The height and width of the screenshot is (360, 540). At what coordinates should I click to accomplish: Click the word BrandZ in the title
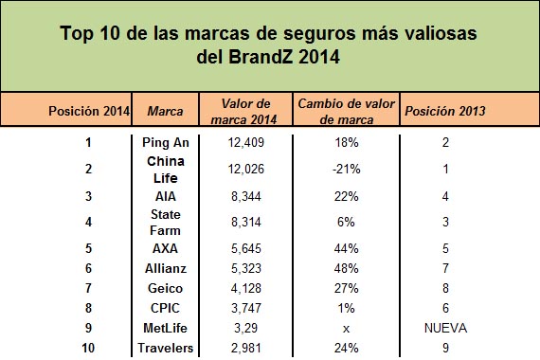[x=261, y=57]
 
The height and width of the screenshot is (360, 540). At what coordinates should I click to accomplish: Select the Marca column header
[x=165, y=111]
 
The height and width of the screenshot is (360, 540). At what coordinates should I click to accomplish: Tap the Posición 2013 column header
[x=445, y=111]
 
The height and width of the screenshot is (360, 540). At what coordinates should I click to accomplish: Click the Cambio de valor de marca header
[x=346, y=111]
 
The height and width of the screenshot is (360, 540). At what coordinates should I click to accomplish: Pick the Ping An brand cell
[x=166, y=142]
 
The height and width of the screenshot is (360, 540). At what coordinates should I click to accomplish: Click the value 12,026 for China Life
[x=246, y=169]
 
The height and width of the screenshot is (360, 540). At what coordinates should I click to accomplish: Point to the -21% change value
[x=347, y=169]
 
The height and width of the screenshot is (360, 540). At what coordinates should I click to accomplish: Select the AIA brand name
[x=166, y=196]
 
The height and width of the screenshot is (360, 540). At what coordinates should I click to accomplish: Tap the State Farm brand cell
[x=165, y=223]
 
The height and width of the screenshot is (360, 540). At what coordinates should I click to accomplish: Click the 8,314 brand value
[x=246, y=222]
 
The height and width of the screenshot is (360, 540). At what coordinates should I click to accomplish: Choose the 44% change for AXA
[x=346, y=248]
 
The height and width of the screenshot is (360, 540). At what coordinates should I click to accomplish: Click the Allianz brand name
[x=166, y=268]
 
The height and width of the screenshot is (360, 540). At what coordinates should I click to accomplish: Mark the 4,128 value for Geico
[x=246, y=288]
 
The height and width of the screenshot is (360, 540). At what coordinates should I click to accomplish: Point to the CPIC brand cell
[x=165, y=308]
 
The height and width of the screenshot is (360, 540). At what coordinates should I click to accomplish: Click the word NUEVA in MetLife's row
[x=445, y=328]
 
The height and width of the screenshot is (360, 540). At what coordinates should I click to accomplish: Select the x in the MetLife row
[x=346, y=329]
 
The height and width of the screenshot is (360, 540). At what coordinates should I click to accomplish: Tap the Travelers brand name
[x=165, y=348]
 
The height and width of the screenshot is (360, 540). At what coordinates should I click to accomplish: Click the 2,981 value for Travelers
[x=246, y=348]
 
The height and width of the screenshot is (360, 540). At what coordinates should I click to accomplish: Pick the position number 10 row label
[x=88, y=348]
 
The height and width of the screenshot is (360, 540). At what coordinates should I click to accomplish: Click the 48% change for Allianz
[x=346, y=268]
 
